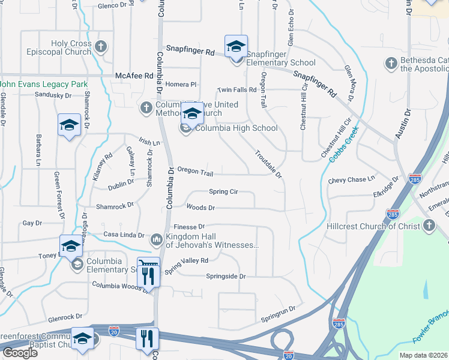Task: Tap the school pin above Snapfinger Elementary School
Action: (x=236, y=46)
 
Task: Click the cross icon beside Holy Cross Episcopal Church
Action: (x=101, y=46)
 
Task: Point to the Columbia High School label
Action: (x=237, y=128)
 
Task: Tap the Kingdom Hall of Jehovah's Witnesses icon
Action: (x=156, y=240)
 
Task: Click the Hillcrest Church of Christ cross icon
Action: (x=429, y=226)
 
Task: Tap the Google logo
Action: (x=20, y=353)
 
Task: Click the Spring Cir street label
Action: (x=223, y=191)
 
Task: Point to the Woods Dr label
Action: (x=200, y=208)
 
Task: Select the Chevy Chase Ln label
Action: (x=351, y=179)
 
